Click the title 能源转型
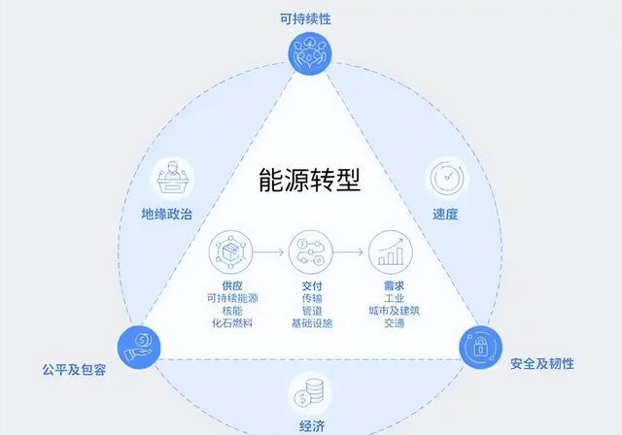point(310,181)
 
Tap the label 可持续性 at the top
point(310,18)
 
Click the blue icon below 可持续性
point(310,53)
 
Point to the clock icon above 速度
point(445,179)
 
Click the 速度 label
point(445,213)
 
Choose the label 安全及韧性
point(541,364)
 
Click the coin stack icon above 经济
point(310,392)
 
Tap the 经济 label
point(310,425)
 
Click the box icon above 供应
point(230,253)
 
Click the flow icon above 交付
point(311,253)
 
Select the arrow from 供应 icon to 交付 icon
point(271,253)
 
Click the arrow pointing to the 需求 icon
point(352,253)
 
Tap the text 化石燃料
point(230,322)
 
